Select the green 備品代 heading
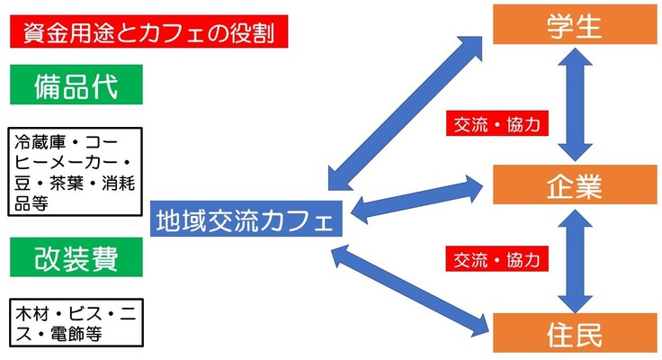[x=76, y=87]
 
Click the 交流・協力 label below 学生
[x=497, y=124]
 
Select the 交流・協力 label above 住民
[x=497, y=260]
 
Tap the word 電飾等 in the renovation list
[x=79, y=333]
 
